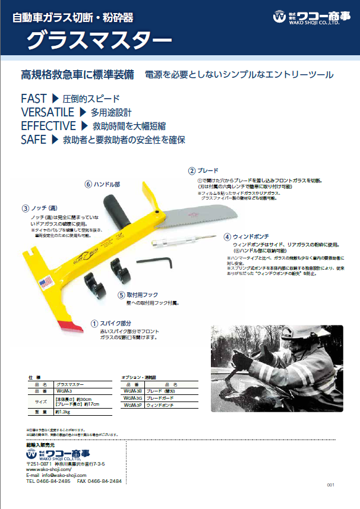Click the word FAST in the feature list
pos(33,99)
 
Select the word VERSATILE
pos(47,112)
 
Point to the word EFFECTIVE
pos(48,126)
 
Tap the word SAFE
pos(33,140)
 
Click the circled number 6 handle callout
pos(88,185)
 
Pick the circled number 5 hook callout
pos(121,295)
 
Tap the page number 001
pos(331,485)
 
